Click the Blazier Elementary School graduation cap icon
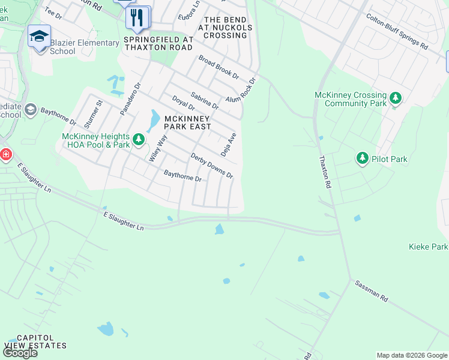pyautogui.click(x=39, y=36)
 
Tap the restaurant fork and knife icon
pyautogui.click(x=137, y=17)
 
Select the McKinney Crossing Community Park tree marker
pyautogui.click(x=395, y=97)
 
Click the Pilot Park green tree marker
pyautogui.click(x=362, y=158)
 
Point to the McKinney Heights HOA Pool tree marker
pyautogui.click(x=139, y=140)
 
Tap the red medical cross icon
pyautogui.click(x=5, y=155)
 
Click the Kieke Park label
pyautogui.click(x=428, y=247)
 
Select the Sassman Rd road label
pyautogui.click(x=371, y=291)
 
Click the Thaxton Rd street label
pyautogui.click(x=325, y=173)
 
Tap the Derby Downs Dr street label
pyautogui.click(x=211, y=166)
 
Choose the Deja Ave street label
pyautogui.click(x=233, y=144)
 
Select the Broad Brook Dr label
pyautogui.click(x=218, y=68)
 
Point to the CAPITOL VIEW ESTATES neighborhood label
pyautogui.click(x=35, y=341)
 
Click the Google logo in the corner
pyautogui.click(x=20, y=353)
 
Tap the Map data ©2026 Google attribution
pyautogui.click(x=411, y=355)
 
